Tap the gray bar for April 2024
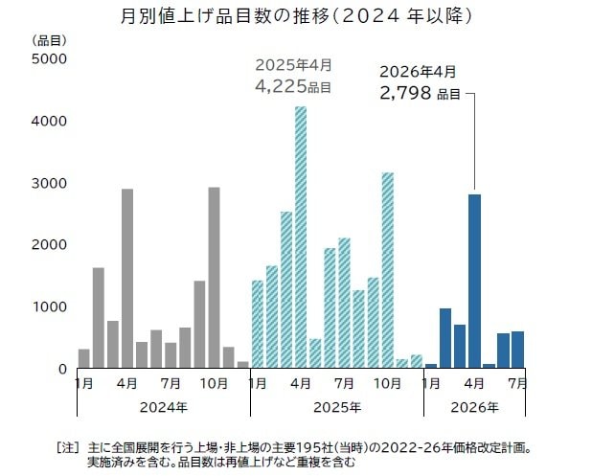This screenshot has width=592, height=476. [x=127, y=278]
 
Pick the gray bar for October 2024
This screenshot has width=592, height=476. [x=214, y=277]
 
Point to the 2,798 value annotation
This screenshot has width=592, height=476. [x=406, y=93]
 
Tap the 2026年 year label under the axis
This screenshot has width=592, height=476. [x=474, y=407]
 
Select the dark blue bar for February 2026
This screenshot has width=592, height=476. [x=445, y=338]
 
